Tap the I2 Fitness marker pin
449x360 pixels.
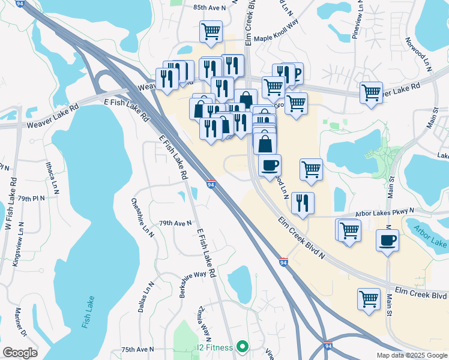coord(243,346)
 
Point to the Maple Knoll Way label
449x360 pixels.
coord(276,37)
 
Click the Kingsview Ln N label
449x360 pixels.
coord(18,244)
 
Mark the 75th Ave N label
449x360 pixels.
coord(137,349)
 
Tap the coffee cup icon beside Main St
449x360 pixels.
coord(387,241)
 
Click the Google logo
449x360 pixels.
coord(20,352)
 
